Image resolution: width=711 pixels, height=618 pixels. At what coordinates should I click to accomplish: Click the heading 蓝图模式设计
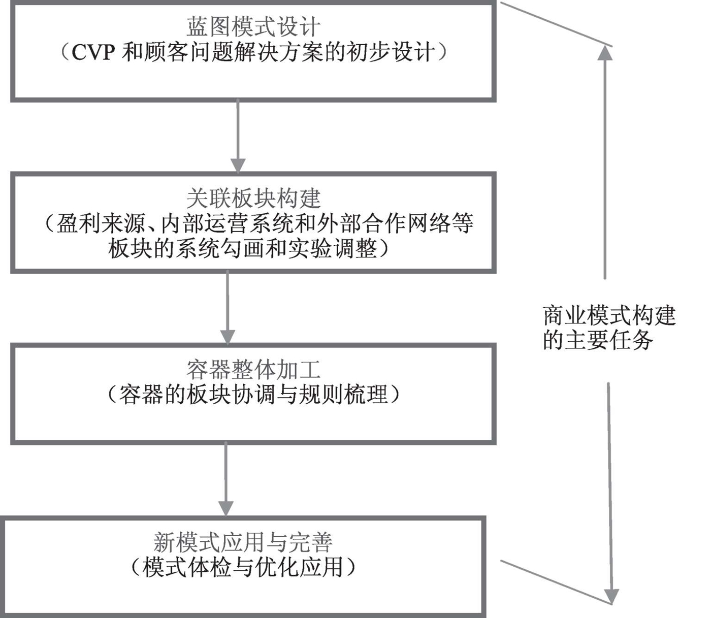(x=253, y=26)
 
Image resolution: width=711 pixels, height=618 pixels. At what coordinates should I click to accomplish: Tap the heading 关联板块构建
(x=253, y=199)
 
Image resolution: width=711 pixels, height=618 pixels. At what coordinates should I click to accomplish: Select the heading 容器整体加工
(x=253, y=369)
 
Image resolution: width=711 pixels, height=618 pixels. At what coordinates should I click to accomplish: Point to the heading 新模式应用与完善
(x=243, y=542)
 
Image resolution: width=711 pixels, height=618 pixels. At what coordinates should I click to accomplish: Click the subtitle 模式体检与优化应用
(x=243, y=568)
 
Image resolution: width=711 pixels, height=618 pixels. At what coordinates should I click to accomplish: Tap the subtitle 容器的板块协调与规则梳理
(x=253, y=395)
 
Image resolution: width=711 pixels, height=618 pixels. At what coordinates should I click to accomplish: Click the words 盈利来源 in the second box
(x=101, y=223)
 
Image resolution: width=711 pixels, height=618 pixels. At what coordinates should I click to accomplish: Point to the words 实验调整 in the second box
(x=332, y=249)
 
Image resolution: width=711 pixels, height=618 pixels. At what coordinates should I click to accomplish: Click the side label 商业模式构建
(x=609, y=315)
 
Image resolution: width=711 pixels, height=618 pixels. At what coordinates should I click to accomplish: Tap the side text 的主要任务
(x=598, y=340)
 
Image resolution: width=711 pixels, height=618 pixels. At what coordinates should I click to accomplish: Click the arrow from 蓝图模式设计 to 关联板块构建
(x=238, y=136)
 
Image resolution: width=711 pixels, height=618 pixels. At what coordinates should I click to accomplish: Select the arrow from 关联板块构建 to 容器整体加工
(x=228, y=307)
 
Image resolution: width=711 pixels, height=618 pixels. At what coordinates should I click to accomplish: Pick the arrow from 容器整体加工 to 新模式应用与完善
(x=226, y=479)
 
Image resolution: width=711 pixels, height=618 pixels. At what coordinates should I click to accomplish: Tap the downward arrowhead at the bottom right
(x=611, y=597)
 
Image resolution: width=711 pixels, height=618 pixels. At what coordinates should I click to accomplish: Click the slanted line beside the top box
(x=556, y=24)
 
